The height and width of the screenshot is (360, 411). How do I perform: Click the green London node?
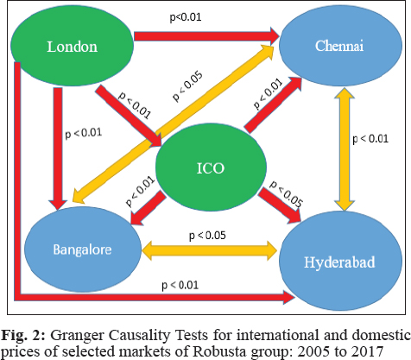pos(72,46)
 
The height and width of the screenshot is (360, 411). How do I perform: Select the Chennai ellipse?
pos(340,46)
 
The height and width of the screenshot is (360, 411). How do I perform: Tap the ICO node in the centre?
pos(211,167)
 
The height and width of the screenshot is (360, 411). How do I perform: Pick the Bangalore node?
pos(83,249)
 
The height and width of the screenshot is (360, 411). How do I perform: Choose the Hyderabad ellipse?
pos(340,261)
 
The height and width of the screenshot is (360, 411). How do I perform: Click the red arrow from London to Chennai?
pos(206,36)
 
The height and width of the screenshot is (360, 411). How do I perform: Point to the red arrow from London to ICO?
pos(129,116)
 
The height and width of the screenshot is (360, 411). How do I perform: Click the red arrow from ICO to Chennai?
pos(273,105)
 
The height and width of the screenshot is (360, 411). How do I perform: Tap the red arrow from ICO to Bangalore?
pos(149,208)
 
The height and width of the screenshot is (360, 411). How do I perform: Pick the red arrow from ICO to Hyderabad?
pos(280,205)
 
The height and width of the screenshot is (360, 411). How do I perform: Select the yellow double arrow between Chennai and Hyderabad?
pos(345,149)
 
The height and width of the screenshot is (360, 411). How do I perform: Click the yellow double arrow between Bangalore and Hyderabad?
pos(210,250)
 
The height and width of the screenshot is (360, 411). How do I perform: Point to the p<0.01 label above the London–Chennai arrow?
pos(186,17)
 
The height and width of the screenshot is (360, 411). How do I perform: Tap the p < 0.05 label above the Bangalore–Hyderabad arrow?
pos(207,236)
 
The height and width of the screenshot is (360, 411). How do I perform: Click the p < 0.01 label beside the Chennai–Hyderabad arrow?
pos(370,139)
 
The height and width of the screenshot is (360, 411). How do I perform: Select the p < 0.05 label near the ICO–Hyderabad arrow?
pos(286,194)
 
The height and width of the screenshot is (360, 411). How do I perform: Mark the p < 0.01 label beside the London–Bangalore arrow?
pos(84,133)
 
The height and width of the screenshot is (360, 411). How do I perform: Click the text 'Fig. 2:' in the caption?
pos(23,335)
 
